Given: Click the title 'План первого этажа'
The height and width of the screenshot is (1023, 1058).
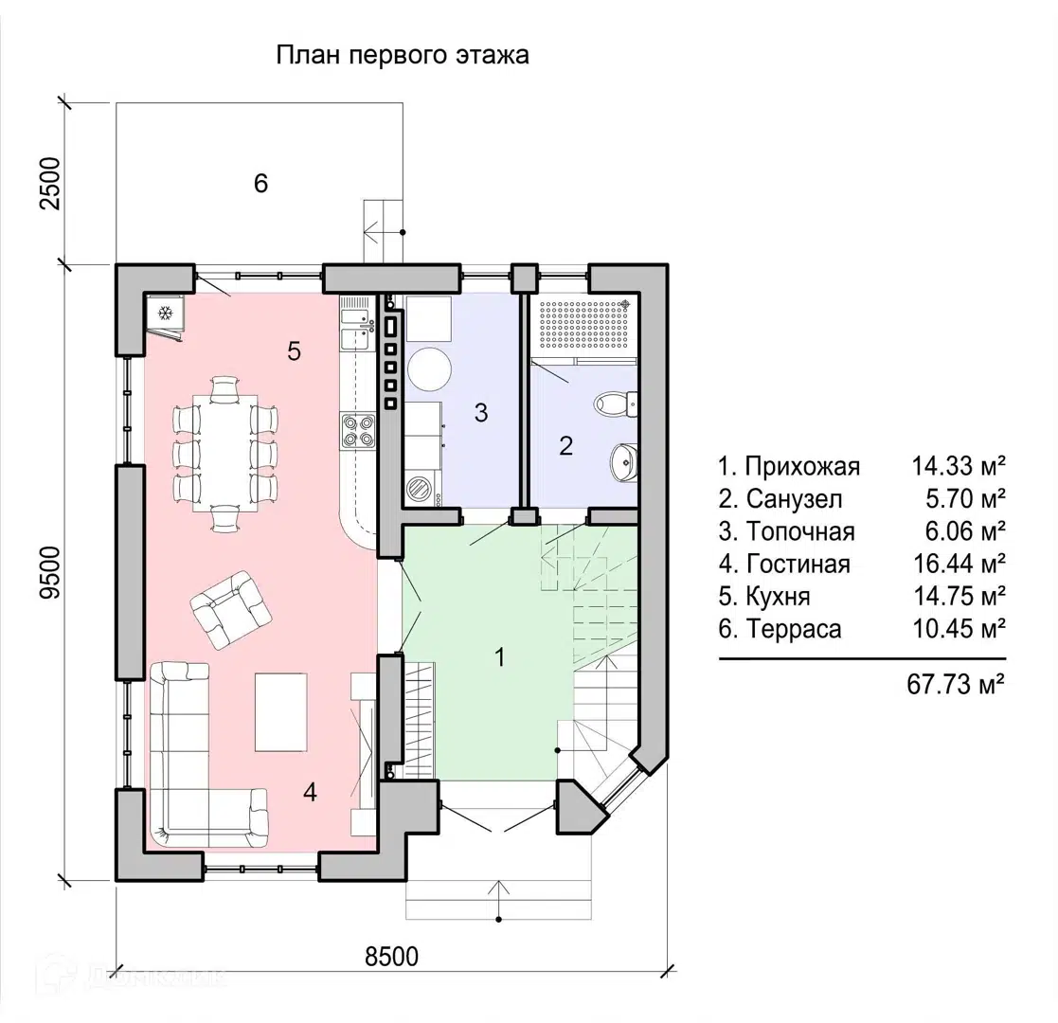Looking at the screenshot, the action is pyautogui.click(x=403, y=55).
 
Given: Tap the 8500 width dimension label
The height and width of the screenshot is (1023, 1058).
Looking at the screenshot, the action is pyautogui.click(x=391, y=956).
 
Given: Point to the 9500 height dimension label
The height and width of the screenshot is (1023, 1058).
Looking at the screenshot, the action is pyautogui.click(x=50, y=572).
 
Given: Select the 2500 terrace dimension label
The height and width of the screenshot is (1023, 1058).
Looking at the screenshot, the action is pyautogui.click(x=50, y=183).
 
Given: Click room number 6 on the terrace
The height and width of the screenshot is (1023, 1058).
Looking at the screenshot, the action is pyautogui.click(x=260, y=183).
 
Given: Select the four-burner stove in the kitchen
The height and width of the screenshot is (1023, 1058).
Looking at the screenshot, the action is pyautogui.click(x=358, y=431).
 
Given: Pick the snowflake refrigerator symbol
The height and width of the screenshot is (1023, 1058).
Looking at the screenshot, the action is pyautogui.click(x=166, y=314).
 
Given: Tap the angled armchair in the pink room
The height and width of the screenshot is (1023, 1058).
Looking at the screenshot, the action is pyautogui.click(x=231, y=609).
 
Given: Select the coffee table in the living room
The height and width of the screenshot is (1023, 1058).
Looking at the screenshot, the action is pyautogui.click(x=280, y=712).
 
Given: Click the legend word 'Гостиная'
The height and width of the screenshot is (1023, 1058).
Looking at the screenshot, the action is pyautogui.click(x=798, y=564).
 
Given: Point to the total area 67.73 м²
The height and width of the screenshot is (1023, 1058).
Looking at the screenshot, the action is pyautogui.click(x=956, y=684).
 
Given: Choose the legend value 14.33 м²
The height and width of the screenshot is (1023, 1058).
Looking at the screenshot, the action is pyautogui.click(x=959, y=466).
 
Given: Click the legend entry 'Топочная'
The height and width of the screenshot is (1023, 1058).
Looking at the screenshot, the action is pyautogui.click(x=800, y=531).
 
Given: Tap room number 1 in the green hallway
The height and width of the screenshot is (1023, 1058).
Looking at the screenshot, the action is pyautogui.click(x=500, y=656).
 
